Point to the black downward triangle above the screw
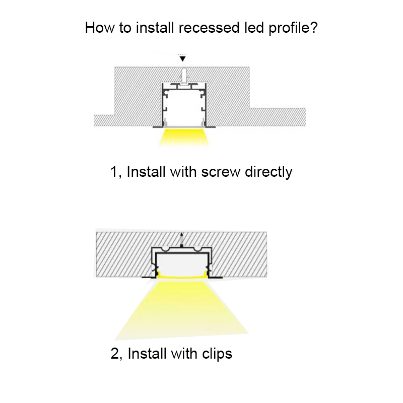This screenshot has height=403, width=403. (x=183, y=58)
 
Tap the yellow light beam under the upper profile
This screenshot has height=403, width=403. (x=183, y=138)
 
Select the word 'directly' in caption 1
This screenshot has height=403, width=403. (x=268, y=172)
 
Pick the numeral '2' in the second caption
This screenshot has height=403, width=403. (x=114, y=354)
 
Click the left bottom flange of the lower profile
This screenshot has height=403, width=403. (x=149, y=277)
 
